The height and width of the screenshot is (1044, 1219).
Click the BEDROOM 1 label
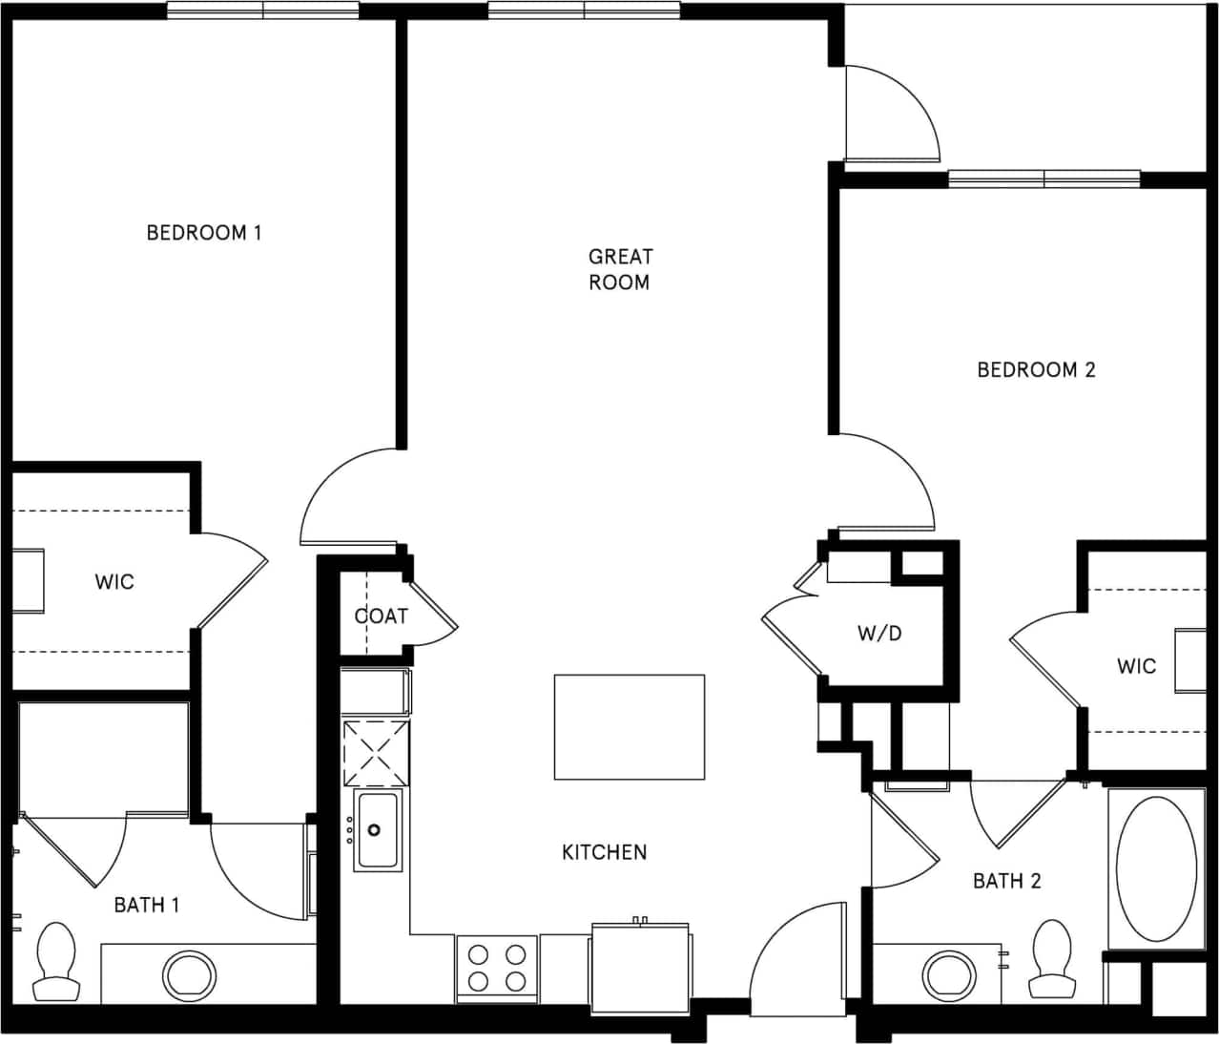coord(203,232)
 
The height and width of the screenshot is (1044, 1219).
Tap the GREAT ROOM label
coord(620,269)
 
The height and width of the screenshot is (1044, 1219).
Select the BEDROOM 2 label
coord(1036,369)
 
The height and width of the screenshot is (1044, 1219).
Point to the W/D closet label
coord(879,633)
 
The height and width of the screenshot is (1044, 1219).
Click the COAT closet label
coord(382,616)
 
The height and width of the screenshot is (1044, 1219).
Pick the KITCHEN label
coord(604,852)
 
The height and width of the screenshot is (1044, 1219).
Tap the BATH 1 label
coord(146,905)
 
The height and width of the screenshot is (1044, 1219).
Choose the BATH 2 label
coord(1006,881)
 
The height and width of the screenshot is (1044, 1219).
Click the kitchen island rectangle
coord(630,726)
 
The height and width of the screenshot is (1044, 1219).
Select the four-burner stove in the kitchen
coord(497,968)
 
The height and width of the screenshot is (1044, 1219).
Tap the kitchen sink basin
coord(379,829)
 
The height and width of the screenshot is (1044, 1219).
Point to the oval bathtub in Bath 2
coord(1155,868)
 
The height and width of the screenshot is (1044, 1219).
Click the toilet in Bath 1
coord(55,960)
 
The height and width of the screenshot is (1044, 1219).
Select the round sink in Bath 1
coord(189,975)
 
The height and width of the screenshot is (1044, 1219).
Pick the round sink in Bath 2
coord(949,975)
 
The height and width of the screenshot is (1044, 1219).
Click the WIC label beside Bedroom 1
coord(114,581)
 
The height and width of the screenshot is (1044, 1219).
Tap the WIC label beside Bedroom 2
coord(1136,666)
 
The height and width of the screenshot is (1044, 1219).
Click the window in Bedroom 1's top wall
coord(263,10)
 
